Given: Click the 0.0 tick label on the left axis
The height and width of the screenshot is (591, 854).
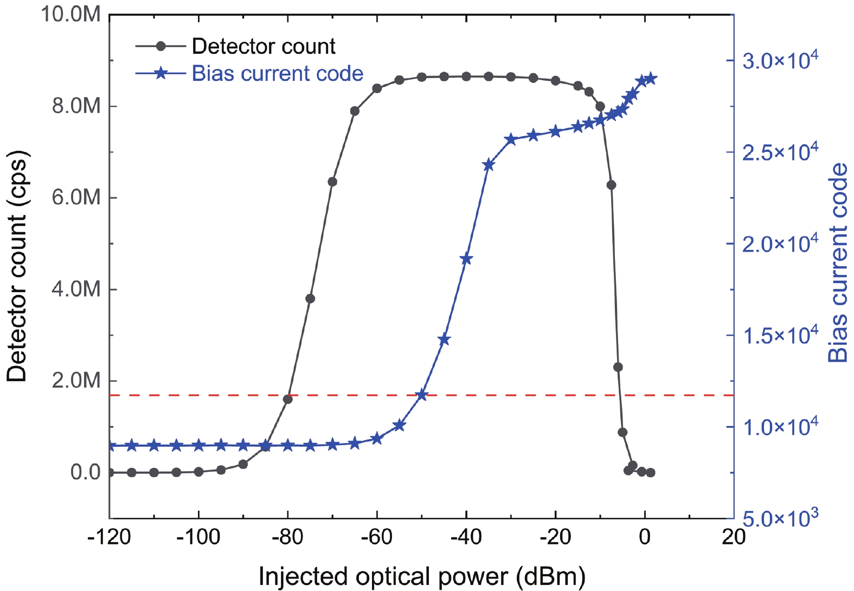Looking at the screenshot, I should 86,472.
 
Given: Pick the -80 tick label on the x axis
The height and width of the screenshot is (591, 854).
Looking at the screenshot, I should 287,537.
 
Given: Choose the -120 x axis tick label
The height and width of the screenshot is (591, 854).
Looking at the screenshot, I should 109,537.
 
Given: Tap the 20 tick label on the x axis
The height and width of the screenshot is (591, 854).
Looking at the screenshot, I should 733,537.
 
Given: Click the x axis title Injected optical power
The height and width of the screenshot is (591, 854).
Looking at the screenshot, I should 422,576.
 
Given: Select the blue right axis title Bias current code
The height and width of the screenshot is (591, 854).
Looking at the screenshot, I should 838,263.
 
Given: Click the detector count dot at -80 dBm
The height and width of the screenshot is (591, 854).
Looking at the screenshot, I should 288,399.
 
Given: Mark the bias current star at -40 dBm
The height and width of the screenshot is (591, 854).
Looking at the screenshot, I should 466,259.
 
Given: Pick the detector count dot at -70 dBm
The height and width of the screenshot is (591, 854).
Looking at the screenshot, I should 332,182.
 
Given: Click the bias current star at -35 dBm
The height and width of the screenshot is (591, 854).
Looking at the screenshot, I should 489,165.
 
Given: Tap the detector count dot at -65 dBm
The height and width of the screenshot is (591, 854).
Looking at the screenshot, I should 355,111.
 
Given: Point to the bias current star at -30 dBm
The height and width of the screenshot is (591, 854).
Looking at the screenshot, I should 511,139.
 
